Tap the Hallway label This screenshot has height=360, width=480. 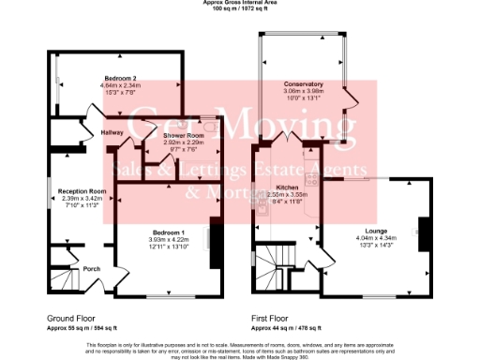click(112, 133)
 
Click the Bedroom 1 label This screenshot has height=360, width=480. click(170, 232)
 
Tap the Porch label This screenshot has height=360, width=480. click(92, 269)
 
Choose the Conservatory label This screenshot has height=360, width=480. click(303, 84)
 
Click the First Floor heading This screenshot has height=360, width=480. click(273, 319)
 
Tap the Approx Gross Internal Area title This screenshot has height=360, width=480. click(239, 3)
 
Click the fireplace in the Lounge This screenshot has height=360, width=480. click(421, 231)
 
